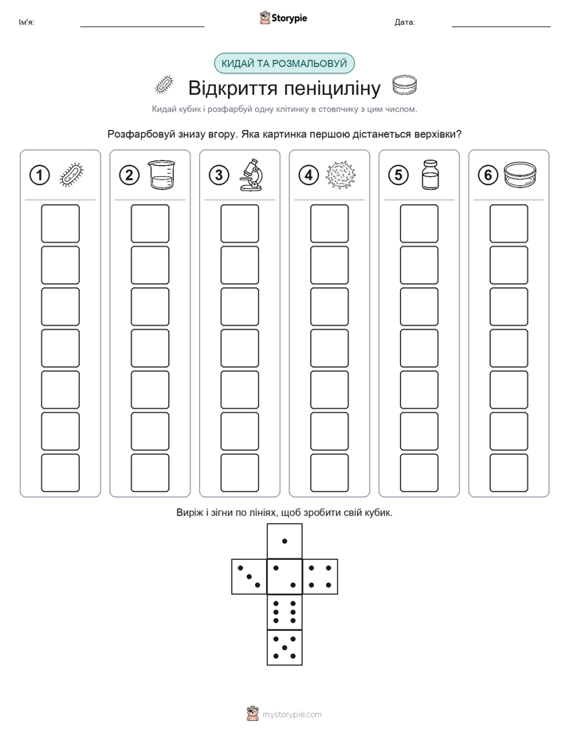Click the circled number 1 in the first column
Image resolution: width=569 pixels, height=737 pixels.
coord(39,175)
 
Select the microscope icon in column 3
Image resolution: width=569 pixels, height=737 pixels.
coord(251,175)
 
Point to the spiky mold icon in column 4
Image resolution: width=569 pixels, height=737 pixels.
coord(341,175)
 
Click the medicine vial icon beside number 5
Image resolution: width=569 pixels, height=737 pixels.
coord(430,175)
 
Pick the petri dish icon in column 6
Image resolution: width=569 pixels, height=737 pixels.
coord(520,175)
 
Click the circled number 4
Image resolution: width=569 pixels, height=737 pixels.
coord(308,175)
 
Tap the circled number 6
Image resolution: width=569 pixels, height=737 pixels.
coord(488,175)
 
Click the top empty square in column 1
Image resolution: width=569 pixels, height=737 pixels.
coord(60,223)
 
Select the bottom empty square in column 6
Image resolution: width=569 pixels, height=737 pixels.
coord(508,472)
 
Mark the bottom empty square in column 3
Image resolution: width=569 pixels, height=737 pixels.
coord(239,472)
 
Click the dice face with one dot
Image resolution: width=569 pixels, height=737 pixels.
coord(284,541)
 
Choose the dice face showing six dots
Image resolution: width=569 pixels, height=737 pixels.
coord(284,612)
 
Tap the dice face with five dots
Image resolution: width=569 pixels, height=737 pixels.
coord(284,648)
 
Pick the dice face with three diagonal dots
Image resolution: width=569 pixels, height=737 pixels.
coord(249,576)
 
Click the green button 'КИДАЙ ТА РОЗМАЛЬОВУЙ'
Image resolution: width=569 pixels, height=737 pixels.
coord(284,64)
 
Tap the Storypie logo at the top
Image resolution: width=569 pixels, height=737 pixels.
coord(283,18)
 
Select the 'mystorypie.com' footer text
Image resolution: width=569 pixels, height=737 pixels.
coord(292,715)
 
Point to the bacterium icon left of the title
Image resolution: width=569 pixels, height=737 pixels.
coord(164,85)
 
